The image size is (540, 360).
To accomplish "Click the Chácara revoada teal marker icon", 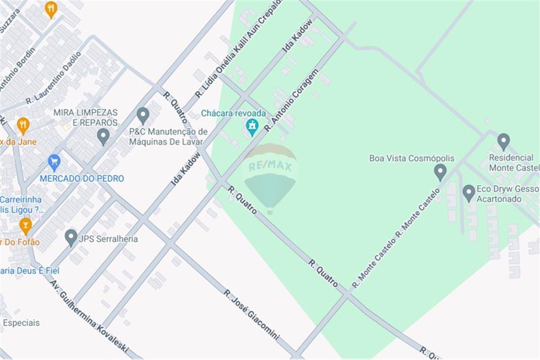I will [x=251, y=127].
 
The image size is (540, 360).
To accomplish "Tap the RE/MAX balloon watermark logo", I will [x=270, y=178].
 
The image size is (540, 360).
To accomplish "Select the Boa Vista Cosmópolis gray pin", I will [x=440, y=172].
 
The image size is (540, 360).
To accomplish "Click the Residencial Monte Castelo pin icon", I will [x=503, y=141].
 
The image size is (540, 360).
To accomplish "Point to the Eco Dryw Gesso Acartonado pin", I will [x=469, y=193].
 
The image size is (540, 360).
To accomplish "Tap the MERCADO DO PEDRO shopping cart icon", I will [x=53, y=161].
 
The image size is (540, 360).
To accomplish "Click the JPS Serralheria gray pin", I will [x=71, y=236].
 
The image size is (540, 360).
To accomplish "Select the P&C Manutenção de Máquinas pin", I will [x=143, y=115].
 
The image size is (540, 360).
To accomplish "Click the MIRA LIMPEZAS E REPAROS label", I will [x=85, y=117].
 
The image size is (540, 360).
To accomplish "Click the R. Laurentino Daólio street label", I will [x=53, y=77].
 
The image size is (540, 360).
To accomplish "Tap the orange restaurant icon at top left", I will [x=51, y=9].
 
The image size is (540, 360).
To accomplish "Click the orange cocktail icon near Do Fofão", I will [x=25, y=225].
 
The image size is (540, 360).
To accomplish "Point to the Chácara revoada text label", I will [x=234, y=113].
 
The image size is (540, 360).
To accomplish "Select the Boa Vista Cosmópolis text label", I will [x=411, y=158].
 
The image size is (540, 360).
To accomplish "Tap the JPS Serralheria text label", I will [x=109, y=239].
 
